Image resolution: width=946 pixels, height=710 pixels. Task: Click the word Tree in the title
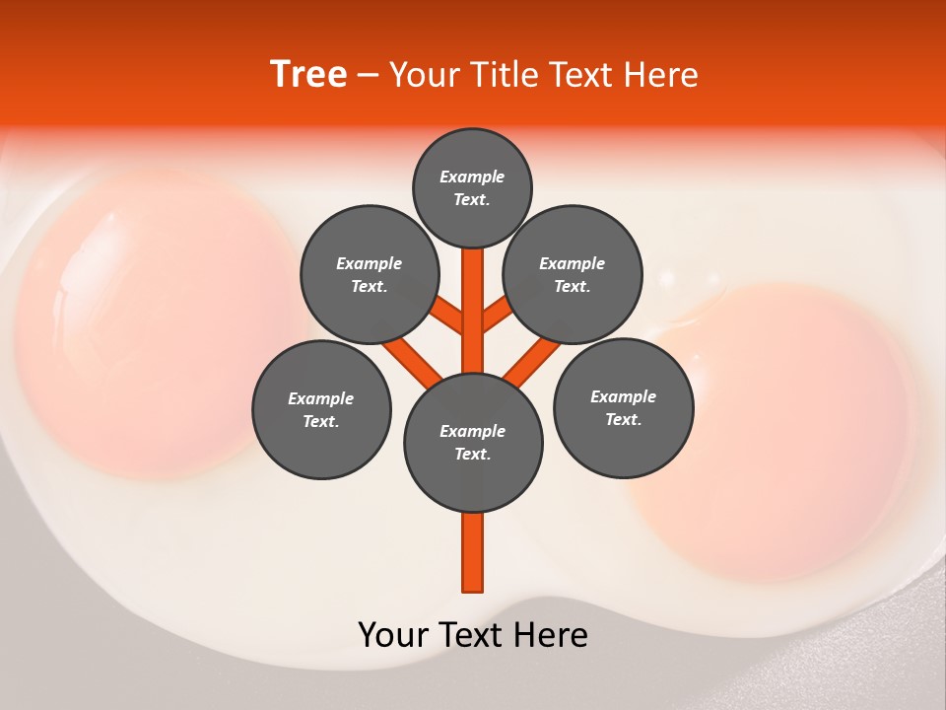pyautogui.click(x=308, y=75)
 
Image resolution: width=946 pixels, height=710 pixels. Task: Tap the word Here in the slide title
pyautogui.click(x=661, y=75)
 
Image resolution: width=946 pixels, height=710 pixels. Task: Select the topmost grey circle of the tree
pyautogui.click(x=472, y=187)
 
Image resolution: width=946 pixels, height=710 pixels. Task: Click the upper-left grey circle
pyautogui.click(x=370, y=274)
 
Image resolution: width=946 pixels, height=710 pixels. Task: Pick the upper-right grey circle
pyautogui.click(x=573, y=274)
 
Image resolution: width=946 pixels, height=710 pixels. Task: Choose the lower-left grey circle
pyautogui.click(x=321, y=409)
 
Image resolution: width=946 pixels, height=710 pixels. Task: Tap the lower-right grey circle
pyautogui.click(x=624, y=406)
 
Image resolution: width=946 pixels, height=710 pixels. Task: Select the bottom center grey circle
pyautogui.click(x=473, y=443)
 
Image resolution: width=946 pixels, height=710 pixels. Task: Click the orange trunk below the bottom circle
pyautogui.click(x=473, y=552)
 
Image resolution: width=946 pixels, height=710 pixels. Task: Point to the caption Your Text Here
pyautogui.click(x=473, y=635)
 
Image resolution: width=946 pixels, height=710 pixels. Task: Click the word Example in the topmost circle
pyautogui.click(x=472, y=177)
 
